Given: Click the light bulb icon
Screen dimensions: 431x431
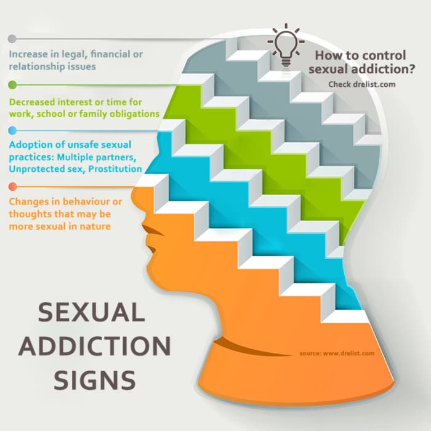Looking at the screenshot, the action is click(286, 46).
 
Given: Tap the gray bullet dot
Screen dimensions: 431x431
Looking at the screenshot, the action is click(12, 39).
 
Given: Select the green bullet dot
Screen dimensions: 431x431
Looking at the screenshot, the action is click(12, 85).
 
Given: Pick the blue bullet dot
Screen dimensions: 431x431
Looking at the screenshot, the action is click(12, 131).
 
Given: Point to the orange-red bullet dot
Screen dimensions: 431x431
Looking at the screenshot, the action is click(13, 187).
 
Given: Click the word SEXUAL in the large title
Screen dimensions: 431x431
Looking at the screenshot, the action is click(91, 313).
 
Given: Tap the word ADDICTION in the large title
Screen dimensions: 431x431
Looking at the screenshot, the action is click(95, 346).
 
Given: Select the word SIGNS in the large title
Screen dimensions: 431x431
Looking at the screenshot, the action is click(95, 380).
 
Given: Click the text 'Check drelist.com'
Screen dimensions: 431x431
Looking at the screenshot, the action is click(362, 84).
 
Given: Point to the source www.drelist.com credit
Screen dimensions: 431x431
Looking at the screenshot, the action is click(337, 353).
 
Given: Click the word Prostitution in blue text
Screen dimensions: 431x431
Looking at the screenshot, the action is click(115, 169).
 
